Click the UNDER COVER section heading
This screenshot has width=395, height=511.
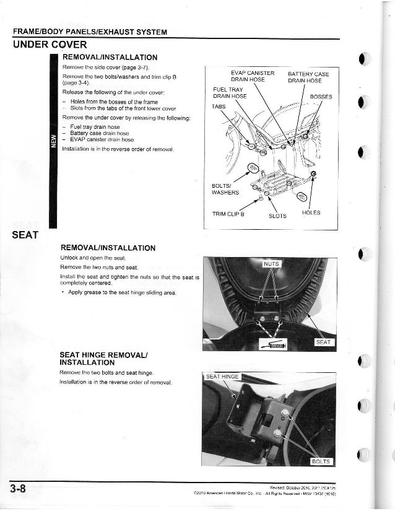coord(50,45)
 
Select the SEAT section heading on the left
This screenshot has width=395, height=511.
coord(25,235)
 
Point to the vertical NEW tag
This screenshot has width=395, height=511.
coord(54,142)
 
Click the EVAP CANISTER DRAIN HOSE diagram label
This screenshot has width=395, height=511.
coord(253,77)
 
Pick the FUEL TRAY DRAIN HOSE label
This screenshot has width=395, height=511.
coord(230,92)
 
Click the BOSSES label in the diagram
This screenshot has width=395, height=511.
coord(321,97)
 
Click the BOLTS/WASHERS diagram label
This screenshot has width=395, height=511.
coord(225,188)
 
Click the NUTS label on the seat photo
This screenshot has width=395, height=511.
coord(272,264)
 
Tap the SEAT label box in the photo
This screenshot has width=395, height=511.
coord(324,342)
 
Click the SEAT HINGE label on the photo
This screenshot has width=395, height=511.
coord(222,377)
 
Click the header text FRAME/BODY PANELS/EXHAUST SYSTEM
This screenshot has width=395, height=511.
coord(90,32)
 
